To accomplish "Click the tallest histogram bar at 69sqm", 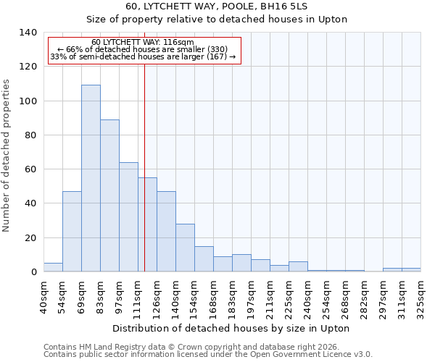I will tap(91, 178).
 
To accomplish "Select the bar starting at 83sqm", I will tap(109, 195).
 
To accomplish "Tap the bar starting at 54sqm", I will tap(72, 232).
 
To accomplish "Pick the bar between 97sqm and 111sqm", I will tap(128, 217).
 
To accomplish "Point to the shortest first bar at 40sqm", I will tap(53, 267).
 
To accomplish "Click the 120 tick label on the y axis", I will tap(28, 67).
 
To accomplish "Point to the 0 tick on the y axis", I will tap(33, 272).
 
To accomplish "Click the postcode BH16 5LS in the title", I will tap(287, 7).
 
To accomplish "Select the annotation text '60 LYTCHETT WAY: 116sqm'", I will tap(143, 43).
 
